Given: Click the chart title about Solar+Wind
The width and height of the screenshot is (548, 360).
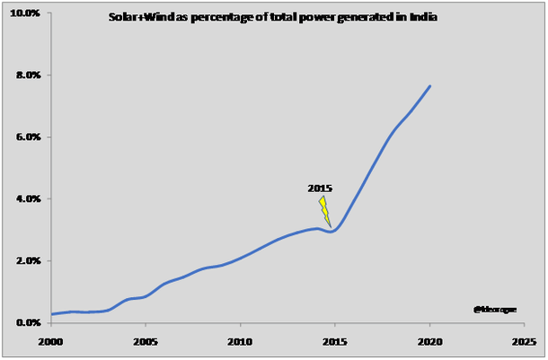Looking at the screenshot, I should tap(272, 18).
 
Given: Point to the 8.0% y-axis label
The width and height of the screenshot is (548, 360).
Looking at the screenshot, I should tap(26, 75).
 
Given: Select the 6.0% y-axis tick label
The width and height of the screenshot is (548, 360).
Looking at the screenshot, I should tap(26, 137).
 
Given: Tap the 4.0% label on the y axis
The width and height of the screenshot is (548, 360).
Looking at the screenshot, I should tap(26, 198).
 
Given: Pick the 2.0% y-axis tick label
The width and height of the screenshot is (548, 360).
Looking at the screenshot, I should tap(26, 260).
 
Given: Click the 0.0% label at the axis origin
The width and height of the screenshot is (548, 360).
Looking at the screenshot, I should tap(26, 322).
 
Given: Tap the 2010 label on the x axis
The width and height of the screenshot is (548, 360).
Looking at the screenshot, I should tap(239, 342).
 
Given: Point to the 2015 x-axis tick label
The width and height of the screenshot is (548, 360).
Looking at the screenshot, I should tap(334, 342).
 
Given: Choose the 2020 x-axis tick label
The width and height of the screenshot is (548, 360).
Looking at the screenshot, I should tap(429, 342).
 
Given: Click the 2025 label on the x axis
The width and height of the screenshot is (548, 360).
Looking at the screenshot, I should tap(525, 342).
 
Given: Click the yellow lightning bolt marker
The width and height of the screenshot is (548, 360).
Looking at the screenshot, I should tap(324, 211).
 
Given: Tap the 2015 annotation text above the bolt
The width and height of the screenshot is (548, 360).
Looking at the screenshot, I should tap(320, 189).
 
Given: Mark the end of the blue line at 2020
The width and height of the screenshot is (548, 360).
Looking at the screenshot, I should tap(430, 86).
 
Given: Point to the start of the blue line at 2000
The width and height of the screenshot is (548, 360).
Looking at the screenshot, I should tap(51, 314).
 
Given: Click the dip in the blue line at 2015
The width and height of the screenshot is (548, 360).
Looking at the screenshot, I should tap(332, 232).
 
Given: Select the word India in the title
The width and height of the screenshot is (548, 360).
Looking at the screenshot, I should tap(425, 18).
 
